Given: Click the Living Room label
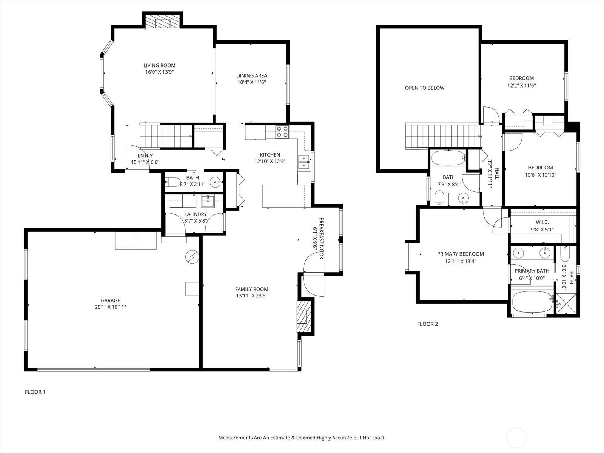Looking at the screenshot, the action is [159, 65].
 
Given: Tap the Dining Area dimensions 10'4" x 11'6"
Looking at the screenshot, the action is [251, 82].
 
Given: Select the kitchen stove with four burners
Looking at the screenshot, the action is [282, 132].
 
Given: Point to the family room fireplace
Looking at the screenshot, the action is [304, 317].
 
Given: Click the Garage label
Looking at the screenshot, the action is [110, 300].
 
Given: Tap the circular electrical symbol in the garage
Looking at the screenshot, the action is [192, 257].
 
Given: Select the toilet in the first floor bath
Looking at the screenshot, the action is [172, 182].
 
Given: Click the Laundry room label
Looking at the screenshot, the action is [196, 214].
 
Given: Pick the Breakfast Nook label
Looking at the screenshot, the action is [321, 238].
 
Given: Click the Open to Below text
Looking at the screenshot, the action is [425, 88].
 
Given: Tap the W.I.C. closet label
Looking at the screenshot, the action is [542, 222].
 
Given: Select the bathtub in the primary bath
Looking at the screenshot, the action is [533, 302].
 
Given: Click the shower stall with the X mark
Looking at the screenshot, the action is [566, 304].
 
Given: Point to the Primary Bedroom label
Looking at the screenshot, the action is [460, 254].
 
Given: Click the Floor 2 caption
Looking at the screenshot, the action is [427, 324].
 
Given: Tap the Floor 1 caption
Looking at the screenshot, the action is [35, 392].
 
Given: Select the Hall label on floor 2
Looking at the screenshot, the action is [497, 174].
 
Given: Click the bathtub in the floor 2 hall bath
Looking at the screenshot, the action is [448, 158].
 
